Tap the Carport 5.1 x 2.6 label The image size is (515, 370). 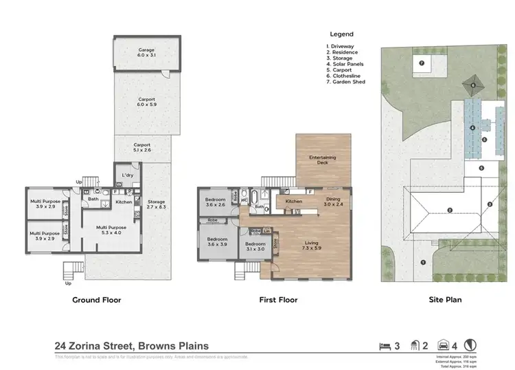pos(142,147)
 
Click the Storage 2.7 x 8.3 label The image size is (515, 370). pos(156,204)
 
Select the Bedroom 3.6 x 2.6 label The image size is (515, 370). pos(216,202)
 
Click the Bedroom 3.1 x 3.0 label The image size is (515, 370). pos(255,246)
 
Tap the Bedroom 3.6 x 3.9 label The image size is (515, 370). pos(218,241)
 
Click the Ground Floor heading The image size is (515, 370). pos(97,300)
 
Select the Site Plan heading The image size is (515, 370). pos(446,300)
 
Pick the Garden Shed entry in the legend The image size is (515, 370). pos(346,82)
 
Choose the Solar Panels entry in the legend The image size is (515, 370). pos(345,63)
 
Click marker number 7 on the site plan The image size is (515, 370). pos(422,63)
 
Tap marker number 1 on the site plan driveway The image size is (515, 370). pos(424,262)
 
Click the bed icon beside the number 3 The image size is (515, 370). pos(384,345)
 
